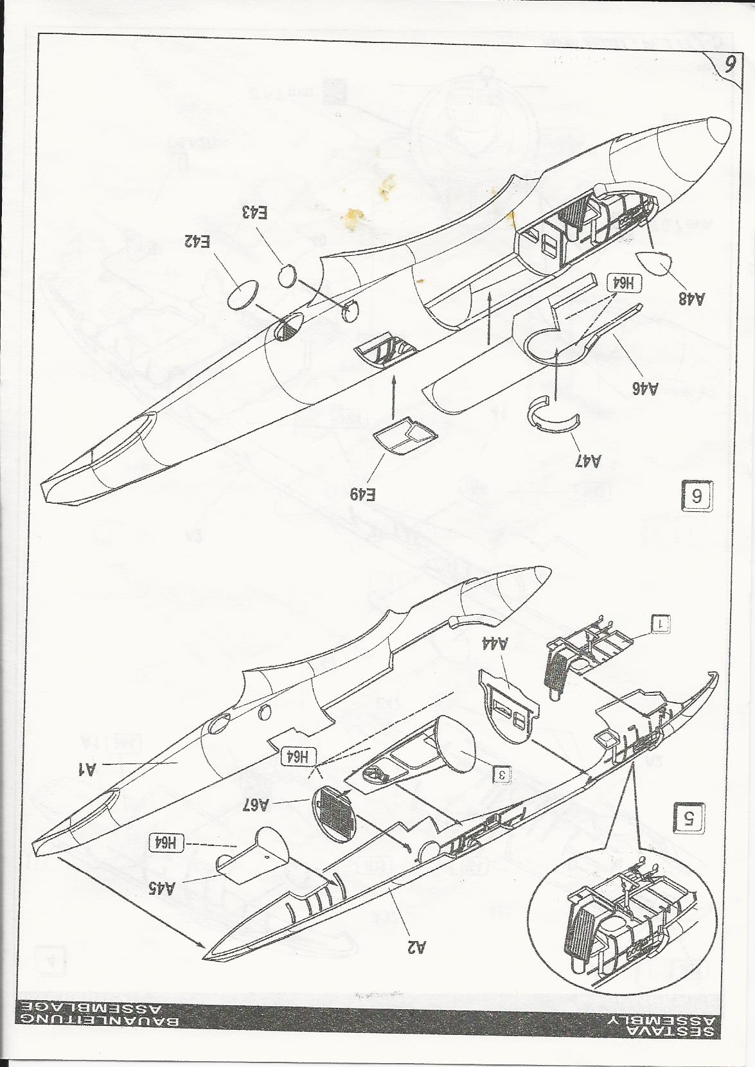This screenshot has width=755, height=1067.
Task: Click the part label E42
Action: point(197,242)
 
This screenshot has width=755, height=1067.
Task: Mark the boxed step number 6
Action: point(696,497)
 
